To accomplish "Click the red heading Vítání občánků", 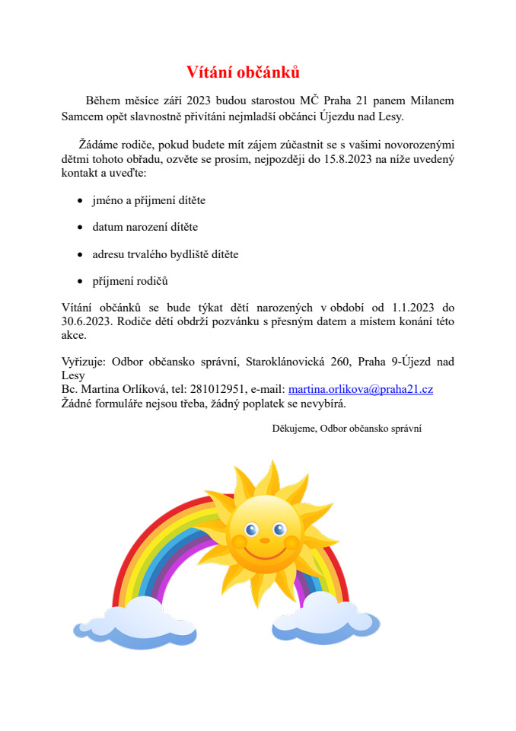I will point(244,72).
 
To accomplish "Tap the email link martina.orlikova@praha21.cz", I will point(361,389).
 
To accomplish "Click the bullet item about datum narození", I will point(145,227).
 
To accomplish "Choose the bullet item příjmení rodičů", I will point(130,281).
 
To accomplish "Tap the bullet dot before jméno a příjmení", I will point(81,200).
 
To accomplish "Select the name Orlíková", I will point(134,389).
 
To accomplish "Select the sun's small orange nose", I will point(265,540).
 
